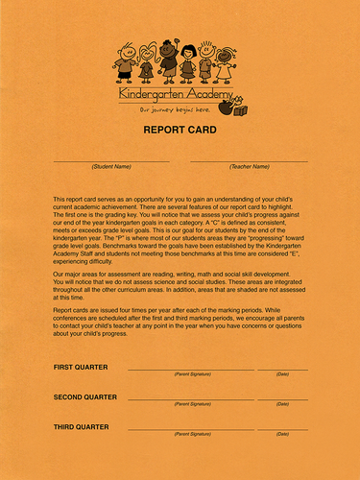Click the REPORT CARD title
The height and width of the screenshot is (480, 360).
pyautogui.click(x=180, y=129)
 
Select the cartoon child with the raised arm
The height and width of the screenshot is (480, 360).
pyautogui.click(x=169, y=60)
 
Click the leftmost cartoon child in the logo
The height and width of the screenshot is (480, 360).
pyautogui.click(x=125, y=62)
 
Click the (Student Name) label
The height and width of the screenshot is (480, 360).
pyautogui.click(x=111, y=167)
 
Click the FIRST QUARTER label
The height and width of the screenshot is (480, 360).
pyautogui.click(x=81, y=368)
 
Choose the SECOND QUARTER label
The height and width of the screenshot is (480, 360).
pyautogui.click(x=85, y=396)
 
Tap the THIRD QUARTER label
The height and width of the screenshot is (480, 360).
pyautogui.click(x=81, y=425)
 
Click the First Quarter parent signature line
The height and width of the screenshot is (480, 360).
pyautogui.click(x=191, y=370)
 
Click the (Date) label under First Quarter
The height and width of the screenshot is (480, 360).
pyautogui.click(x=282, y=375)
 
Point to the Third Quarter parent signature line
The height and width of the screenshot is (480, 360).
pyautogui.click(x=191, y=428)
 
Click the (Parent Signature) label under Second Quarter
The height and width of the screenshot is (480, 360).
pyautogui.click(x=191, y=404)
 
